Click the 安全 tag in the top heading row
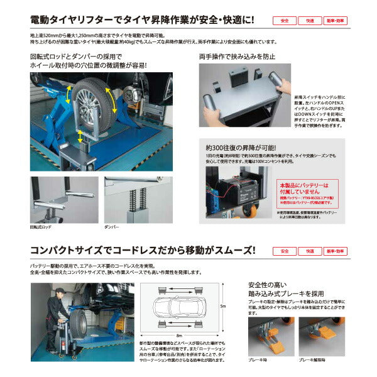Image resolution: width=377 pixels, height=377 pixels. [285, 21]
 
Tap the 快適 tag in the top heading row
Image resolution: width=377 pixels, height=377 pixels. [310, 21]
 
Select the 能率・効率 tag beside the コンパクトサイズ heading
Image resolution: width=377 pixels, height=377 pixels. [336, 251]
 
